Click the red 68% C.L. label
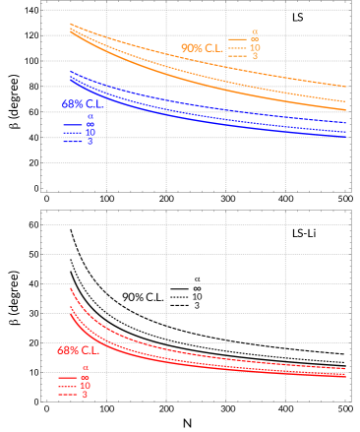tap(77, 349)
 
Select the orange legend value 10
tap(255, 47)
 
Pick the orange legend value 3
tap(255, 56)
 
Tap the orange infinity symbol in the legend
tap(255, 39)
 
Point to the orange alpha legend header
tap(255, 31)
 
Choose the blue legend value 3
tap(90, 142)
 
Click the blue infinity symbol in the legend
tap(90, 125)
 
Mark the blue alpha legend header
tap(90, 117)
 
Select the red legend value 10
tap(85, 386)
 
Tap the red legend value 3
tap(85, 395)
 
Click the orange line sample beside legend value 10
tap(237, 47)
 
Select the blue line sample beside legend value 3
tap(72, 142)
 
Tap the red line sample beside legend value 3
tap(67, 395)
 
